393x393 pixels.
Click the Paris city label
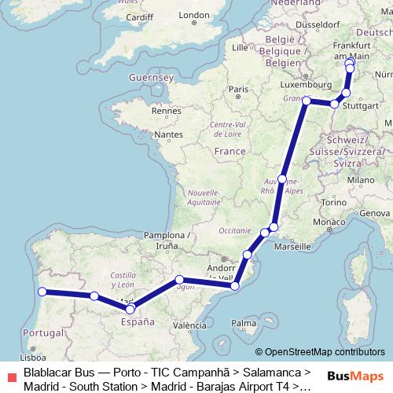[233, 90]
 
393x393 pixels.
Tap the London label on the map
[194, 15]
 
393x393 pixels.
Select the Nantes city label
[168, 134]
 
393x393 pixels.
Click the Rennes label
[167, 112]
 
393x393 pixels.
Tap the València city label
[189, 325]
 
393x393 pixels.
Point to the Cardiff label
[139, 17]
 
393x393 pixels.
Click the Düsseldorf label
[316, 24]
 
